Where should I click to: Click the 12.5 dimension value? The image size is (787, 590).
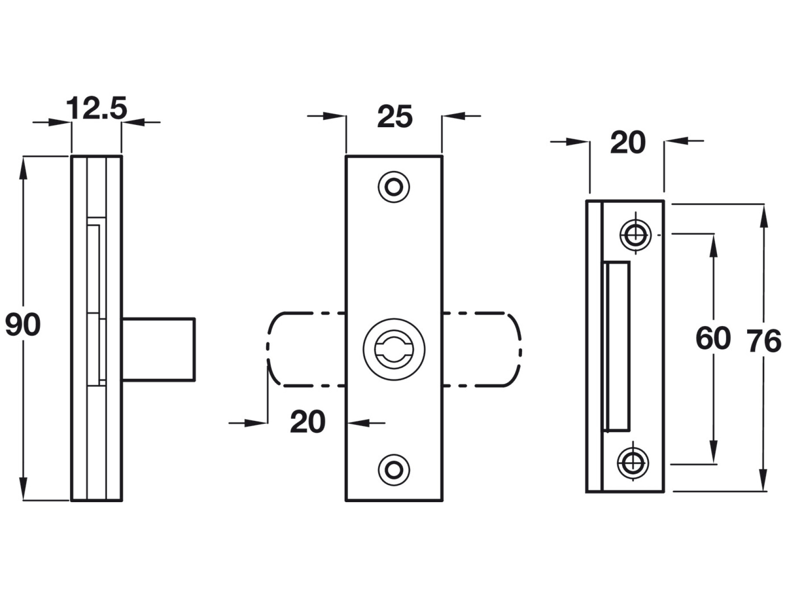[x=96, y=108]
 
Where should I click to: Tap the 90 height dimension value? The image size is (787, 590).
[x=23, y=325]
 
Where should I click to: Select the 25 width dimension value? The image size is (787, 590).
[x=395, y=117]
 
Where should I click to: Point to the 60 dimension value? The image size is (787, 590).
[x=713, y=339]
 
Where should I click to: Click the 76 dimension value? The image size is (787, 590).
[x=763, y=341]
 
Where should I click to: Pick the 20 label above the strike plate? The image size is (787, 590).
[x=627, y=143]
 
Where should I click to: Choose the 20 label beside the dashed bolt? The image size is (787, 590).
[x=307, y=422]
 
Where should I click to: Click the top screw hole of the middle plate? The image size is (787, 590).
[x=394, y=187]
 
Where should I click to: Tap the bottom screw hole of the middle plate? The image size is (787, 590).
[x=394, y=470]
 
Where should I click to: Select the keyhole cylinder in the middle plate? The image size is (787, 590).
[x=394, y=349]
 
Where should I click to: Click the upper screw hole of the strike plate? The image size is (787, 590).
[x=635, y=235]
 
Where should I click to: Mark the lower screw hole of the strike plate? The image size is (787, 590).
[x=633, y=463]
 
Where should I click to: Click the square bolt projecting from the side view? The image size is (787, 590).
[x=158, y=350]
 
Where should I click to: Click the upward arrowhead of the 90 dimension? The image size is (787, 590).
[x=23, y=168]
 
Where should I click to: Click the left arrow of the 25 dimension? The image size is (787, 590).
[x=335, y=116]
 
